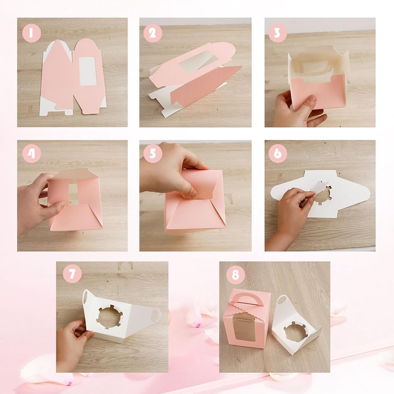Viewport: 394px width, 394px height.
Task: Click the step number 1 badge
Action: click(32, 33)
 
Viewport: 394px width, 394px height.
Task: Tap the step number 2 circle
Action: click(153, 33)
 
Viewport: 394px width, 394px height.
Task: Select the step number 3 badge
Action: click(278, 33)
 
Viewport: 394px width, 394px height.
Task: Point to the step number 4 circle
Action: click(32, 153)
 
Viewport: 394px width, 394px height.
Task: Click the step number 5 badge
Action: click(153, 153)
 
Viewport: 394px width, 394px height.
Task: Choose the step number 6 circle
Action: click(278, 153)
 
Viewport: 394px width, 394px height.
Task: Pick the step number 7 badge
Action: click(73, 274)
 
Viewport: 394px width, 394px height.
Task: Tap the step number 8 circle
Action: click(235, 275)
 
